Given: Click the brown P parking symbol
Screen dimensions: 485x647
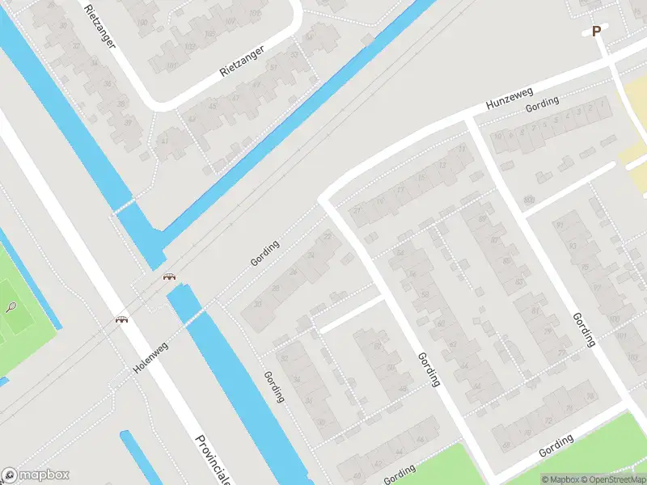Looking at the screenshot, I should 597,32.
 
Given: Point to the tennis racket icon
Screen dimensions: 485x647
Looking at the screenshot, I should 11,307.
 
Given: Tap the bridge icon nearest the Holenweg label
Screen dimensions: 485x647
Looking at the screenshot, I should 122,319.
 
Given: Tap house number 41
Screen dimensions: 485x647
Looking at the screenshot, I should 165,140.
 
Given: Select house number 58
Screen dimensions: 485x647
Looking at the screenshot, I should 424,295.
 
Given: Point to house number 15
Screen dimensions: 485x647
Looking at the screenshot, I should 421,179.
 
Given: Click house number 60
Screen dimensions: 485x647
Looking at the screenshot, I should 440,323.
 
